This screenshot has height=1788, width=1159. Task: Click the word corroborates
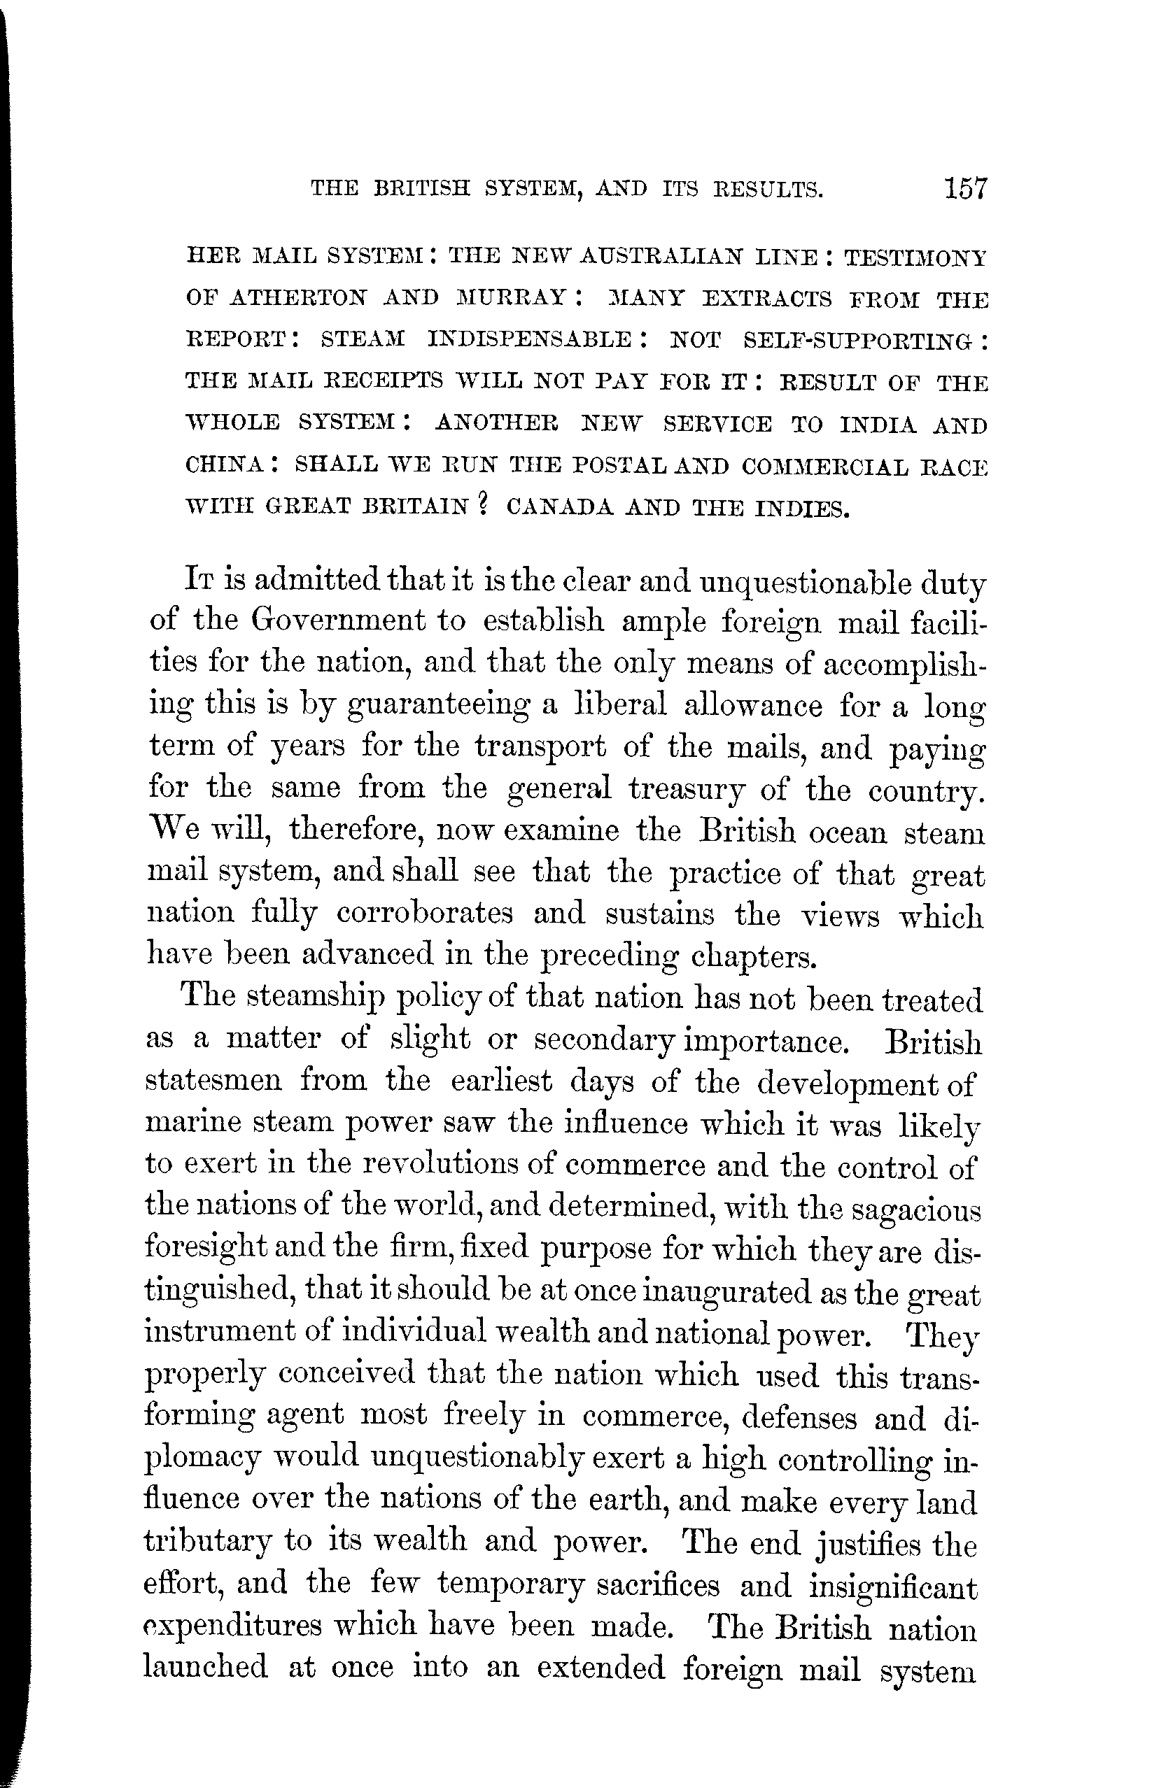425,913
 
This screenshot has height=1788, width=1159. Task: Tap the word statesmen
213,1081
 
